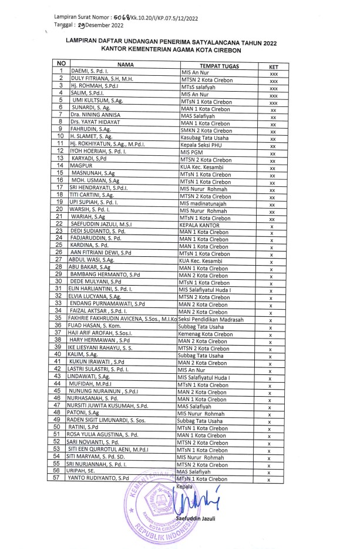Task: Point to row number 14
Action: pos(58,166)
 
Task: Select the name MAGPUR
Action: pos(82,167)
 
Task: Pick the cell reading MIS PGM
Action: pos(194,152)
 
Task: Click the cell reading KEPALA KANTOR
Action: pos(200,225)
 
